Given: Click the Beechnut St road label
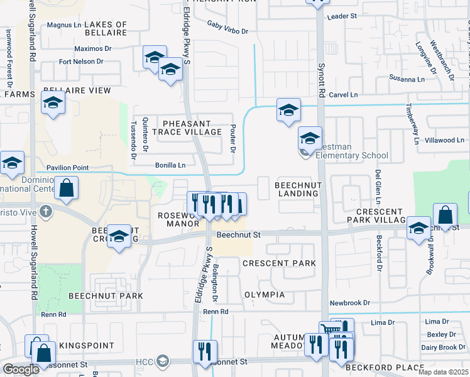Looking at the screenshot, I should pos(238,234).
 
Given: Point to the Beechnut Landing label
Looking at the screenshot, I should pos(297,189).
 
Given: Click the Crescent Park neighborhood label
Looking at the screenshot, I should pos(279,263).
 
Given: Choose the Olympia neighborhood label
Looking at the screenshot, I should pos(265,295).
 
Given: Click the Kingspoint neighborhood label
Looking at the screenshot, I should pos(87,346).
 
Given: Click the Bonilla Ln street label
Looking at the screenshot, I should pos(170,165).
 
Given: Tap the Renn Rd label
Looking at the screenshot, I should pos(215,311).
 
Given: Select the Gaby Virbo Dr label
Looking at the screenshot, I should pos(227,27).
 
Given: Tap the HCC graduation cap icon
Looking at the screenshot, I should pos(163,361).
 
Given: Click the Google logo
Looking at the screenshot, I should pos(21,369).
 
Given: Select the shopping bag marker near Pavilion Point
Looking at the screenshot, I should pos(66,187).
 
